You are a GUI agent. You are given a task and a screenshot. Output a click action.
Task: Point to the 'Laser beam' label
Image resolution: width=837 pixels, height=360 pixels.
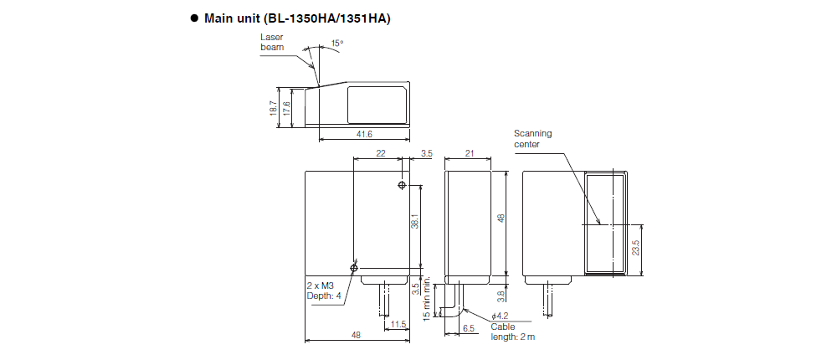tap(272, 43)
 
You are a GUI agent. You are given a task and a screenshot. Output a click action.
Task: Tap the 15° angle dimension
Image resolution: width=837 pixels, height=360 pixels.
tap(336, 42)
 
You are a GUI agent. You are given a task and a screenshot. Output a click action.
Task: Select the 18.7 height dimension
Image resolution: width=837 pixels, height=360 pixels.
tap(274, 108)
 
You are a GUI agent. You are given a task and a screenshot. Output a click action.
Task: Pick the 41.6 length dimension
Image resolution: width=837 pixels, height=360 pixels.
tap(363, 134)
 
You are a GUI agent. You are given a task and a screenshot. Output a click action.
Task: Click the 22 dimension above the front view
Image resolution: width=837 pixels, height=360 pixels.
tap(381, 154)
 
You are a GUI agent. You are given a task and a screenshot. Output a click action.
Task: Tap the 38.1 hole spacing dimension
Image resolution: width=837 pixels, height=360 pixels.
tap(415, 221)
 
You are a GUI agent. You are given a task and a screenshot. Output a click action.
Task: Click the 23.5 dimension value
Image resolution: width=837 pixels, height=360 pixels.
tap(636, 249)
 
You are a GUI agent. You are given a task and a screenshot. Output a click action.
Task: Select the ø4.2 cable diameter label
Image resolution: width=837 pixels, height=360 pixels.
tap(500, 316)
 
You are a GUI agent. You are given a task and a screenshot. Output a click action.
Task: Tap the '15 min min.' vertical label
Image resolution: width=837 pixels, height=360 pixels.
tap(427, 297)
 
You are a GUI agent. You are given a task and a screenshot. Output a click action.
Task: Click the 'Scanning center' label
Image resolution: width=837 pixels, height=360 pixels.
tap(532, 138)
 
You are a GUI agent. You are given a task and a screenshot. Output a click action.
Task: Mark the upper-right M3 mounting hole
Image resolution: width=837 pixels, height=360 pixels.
tap(403, 185)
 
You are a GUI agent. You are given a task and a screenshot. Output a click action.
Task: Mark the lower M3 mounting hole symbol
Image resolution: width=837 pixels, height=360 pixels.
tap(354, 267)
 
